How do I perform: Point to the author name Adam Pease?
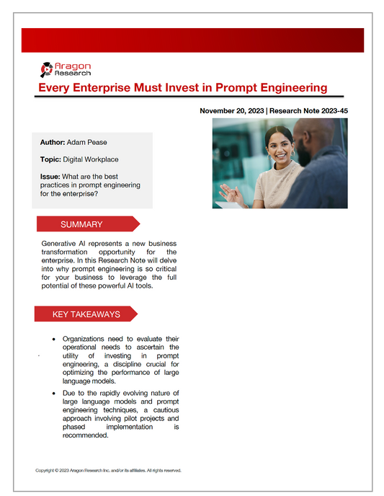click(87, 143)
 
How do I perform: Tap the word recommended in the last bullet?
click(86, 435)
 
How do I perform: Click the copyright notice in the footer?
click(108, 470)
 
